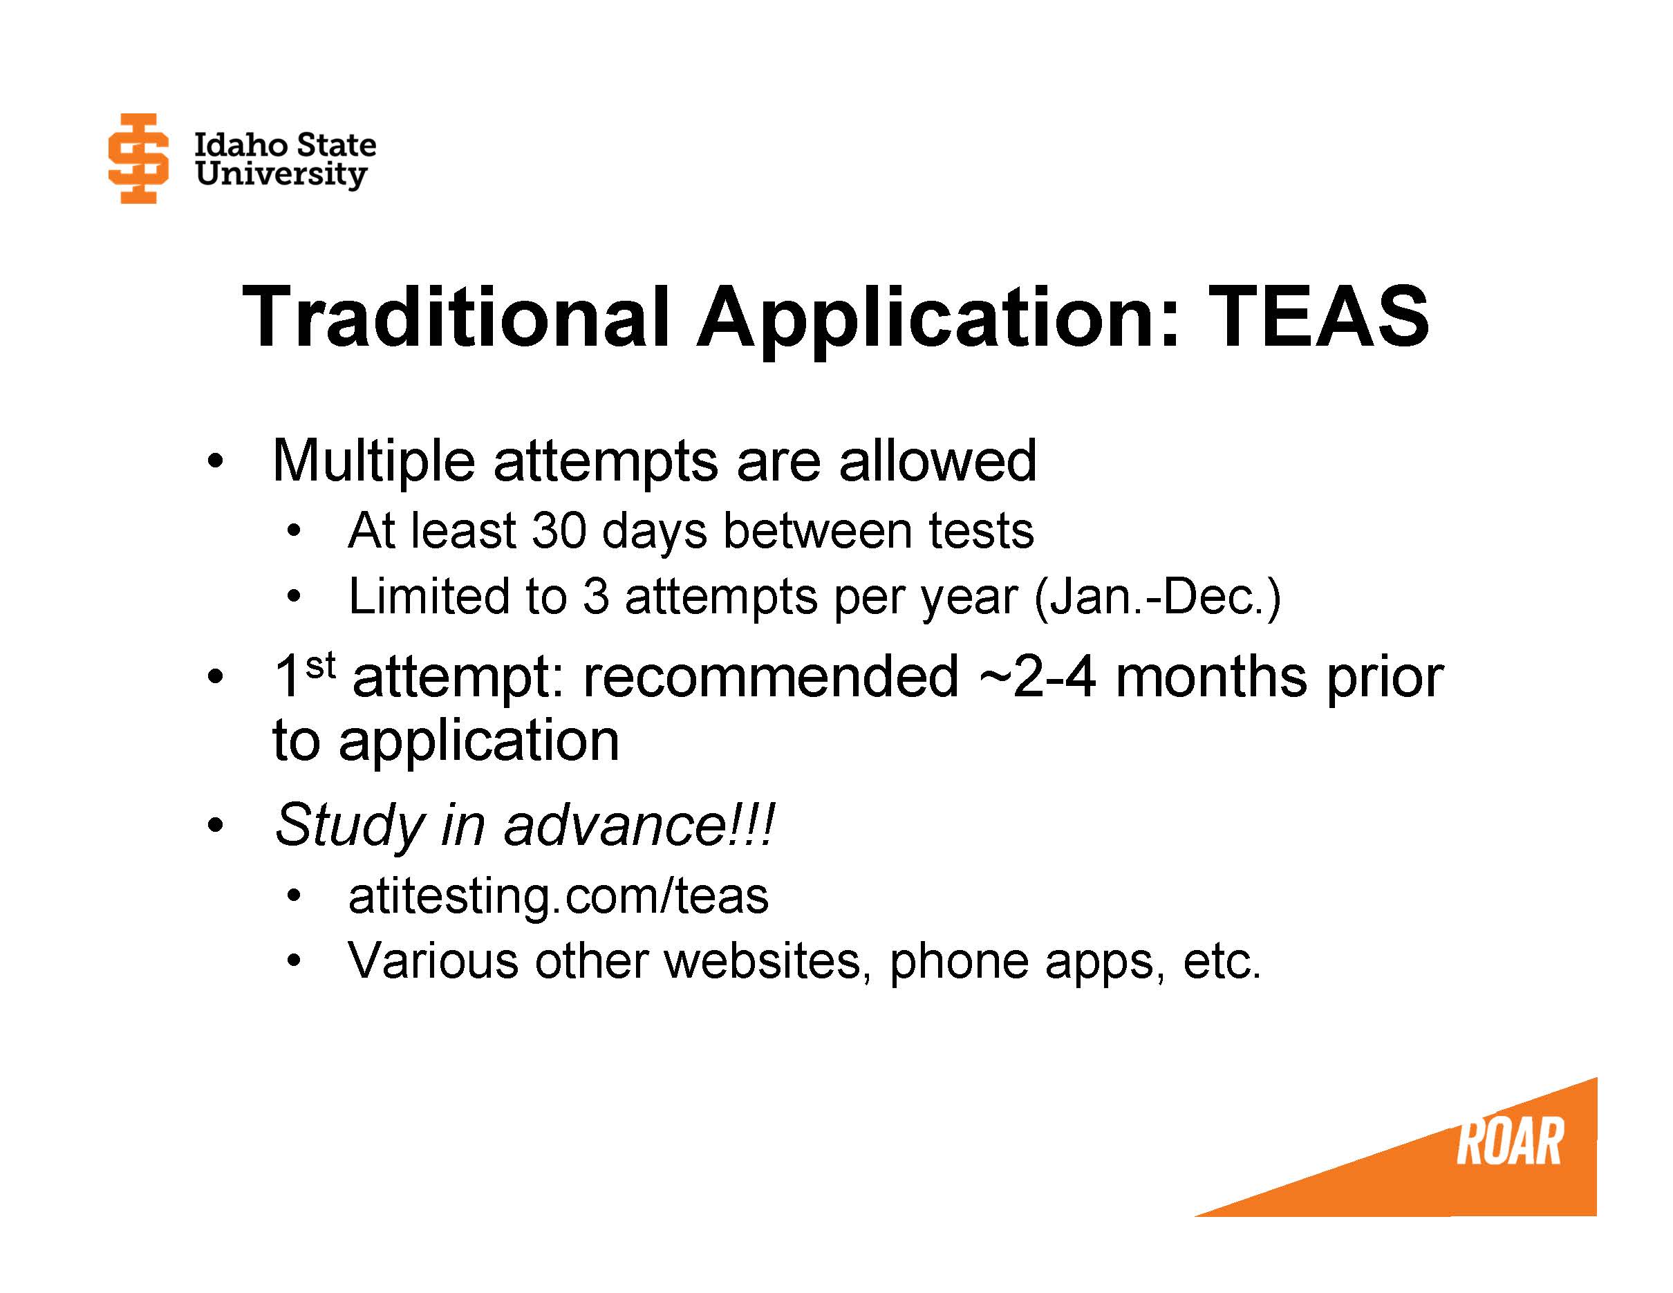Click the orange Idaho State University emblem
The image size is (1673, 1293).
pyautogui.click(x=138, y=158)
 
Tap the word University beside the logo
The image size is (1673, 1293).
pyautogui.click(x=281, y=174)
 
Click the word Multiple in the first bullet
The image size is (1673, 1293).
pyautogui.click(x=373, y=463)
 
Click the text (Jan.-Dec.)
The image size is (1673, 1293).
pyautogui.click(x=1157, y=597)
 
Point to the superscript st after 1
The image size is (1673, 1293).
pyautogui.click(x=320, y=665)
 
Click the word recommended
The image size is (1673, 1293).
pyautogui.click(x=771, y=678)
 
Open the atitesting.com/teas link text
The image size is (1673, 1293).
pyautogui.click(x=558, y=896)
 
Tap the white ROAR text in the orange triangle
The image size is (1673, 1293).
pyautogui.click(x=1508, y=1142)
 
